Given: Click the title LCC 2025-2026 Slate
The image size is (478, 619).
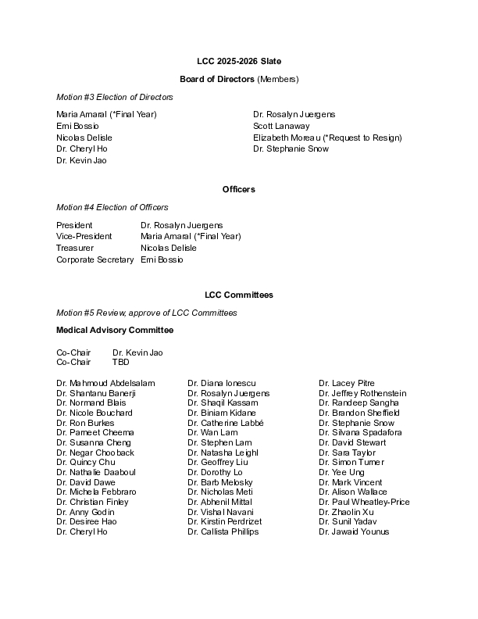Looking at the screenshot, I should pos(239,61).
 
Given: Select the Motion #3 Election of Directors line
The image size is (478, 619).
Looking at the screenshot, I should pos(115,97).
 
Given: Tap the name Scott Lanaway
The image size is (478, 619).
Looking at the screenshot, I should pos(281,126).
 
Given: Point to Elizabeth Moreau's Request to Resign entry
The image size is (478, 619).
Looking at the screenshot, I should pos(327,138).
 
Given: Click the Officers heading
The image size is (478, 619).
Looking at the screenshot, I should pos(239,189).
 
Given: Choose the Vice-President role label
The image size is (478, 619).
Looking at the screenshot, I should pos(84,236).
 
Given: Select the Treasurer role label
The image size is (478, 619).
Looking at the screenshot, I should pos(75,248).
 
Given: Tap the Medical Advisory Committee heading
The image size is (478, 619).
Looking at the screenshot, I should pos(115,331).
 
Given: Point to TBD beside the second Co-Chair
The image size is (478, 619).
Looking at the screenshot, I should pos(121,363).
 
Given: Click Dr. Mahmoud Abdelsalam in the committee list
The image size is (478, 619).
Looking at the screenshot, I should pos(105,383).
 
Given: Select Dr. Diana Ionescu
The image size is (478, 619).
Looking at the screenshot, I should pos(222,383).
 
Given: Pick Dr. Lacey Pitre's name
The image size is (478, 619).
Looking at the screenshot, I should pos(347,383).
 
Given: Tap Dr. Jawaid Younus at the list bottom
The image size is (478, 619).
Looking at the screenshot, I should pos(354,532).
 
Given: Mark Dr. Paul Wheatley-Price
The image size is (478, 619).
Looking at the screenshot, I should pos(364,503).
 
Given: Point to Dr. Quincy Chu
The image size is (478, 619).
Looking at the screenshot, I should pos(86,463).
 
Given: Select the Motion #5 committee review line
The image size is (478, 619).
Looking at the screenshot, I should pos(147,313).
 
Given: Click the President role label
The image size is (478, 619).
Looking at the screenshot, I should pos(74,225).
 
